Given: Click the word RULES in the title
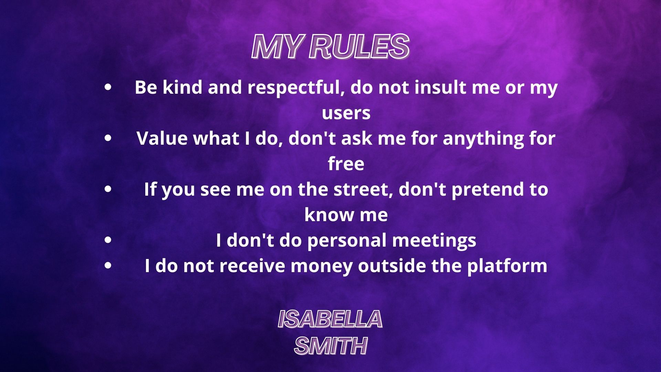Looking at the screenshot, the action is pyautogui.click(x=359, y=46).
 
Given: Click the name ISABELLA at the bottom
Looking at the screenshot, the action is pyautogui.click(x=330, y=319).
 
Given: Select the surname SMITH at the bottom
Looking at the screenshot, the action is pyautogui.click(x=331, y=345).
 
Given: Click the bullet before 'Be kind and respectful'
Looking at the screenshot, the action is pyautogui.click(x=108, y=87).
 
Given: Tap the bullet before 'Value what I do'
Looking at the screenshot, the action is pyautogui.click(x=108, y=138).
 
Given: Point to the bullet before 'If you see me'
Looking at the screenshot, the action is pyautogui.click(x=108, y=189).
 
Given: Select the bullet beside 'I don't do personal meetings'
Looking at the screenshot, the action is pyautogui.click(x=108, y=240).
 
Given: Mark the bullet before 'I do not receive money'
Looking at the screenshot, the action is pyautogui.click(x=108, y=266).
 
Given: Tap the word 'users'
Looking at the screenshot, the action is pyautogui.click(x=346, y=113).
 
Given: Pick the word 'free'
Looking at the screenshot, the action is pyautogui.click(x=346, y=164).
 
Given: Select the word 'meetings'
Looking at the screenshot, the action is pyautogui.click(x=434, y=241).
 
